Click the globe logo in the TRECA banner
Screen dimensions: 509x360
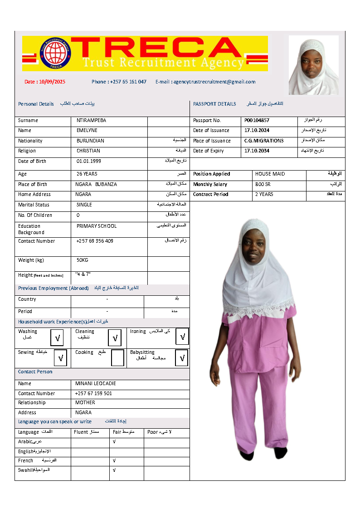[x=56, y=53]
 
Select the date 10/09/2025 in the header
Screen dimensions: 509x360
[x=52, y=82]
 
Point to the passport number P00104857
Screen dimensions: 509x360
[x=257, y=121]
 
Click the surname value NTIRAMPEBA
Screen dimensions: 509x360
[x=91, y=121]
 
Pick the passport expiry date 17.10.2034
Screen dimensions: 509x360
[x=257, y=151]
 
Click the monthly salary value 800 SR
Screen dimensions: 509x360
[x=263, y=184]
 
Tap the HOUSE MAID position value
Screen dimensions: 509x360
[x=269, y=174]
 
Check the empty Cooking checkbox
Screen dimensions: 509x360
[x=117, y=358]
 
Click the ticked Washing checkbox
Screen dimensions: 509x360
[x=58, y=338]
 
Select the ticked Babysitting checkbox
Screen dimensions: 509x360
[x=182, y=358]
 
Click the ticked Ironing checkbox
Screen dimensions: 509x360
[x=182, y=337]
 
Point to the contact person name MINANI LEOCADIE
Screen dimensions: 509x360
[x=96, y=383]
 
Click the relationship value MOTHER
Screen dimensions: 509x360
[x=85, y=402]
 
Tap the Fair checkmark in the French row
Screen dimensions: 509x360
[x=114, y=460]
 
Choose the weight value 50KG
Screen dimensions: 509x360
[x=82, y=260]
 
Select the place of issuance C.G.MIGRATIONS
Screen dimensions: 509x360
[x=264, y=141]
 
